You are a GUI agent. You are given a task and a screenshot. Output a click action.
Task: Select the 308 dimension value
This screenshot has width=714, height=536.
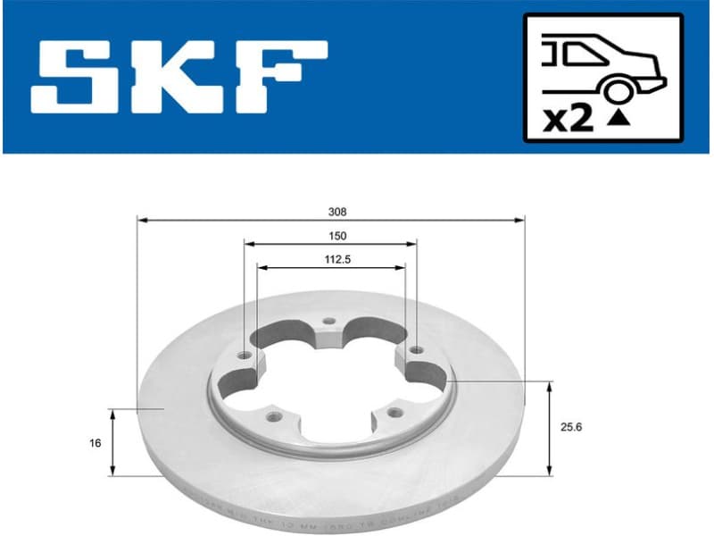(336, 213)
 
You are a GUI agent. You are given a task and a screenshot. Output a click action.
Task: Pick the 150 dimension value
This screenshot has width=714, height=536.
(336, 236)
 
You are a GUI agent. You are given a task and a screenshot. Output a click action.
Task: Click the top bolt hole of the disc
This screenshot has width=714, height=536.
(328, 322)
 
